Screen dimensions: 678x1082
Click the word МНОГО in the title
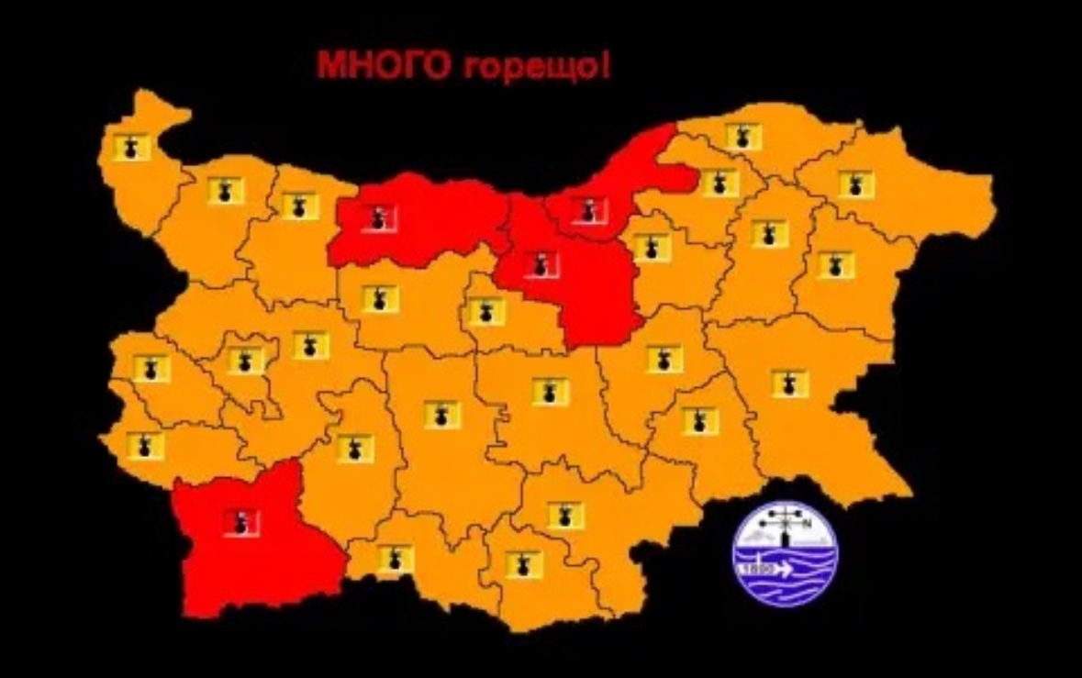coord(371,67)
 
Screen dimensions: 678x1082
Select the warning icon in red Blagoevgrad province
coord(240,522)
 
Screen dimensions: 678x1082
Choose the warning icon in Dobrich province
coord(855,184)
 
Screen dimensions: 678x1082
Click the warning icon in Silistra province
coord(744,137)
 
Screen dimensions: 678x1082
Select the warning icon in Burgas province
coord(789,383)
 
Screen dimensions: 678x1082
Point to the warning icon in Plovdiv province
coord(441,414)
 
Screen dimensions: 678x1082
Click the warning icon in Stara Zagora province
coord(551,392)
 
